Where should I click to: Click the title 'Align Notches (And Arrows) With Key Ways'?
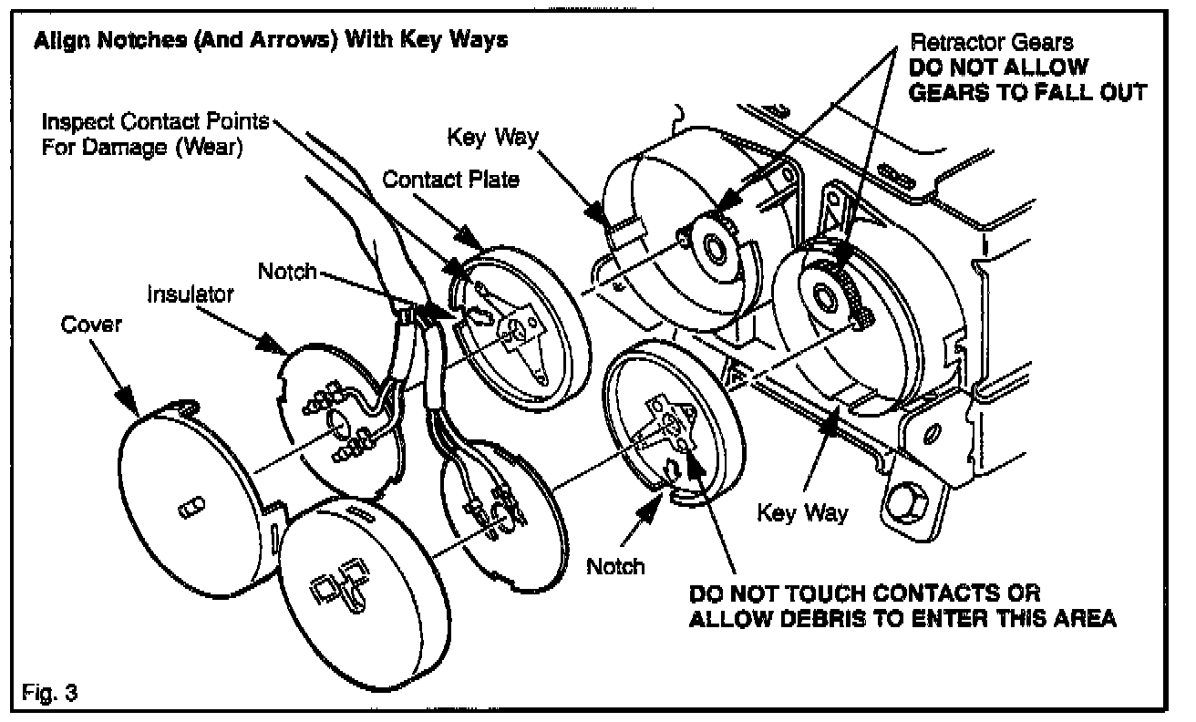click(270, 41)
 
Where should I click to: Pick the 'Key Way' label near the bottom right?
click(802, 512)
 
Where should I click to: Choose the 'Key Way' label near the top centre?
click(493, 138)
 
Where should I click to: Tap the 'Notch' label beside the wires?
click(287, 271)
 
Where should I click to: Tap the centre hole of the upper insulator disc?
click(335, 425)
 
